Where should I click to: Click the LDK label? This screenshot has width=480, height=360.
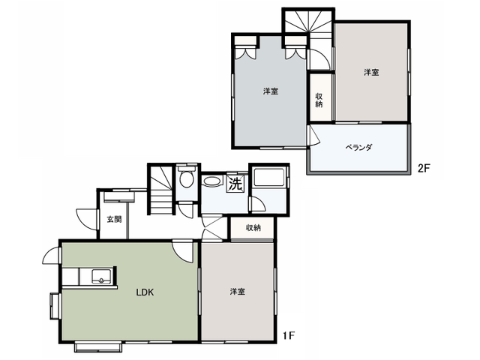tap(145, 292)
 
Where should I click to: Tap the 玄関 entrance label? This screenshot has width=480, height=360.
tap(114, 219)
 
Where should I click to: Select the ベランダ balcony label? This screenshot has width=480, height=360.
tap(358, 148)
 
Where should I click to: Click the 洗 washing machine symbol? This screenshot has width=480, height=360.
tap(235, 184)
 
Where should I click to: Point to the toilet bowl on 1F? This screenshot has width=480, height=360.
tap(186, 178)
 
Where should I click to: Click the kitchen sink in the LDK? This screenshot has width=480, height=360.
tap(101, 277)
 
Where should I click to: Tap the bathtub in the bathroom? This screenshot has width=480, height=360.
tap(269, 177)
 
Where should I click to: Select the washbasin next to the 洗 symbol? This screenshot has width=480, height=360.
tap(212, 181)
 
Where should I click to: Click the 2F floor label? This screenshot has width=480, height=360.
tap(424, 168)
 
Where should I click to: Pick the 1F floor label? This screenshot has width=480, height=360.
tap(288, 336)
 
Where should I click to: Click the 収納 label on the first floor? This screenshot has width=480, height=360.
tap(253, 228)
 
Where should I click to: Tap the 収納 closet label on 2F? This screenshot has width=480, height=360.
tap(319, 100)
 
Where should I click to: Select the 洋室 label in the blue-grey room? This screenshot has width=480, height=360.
tap(271, 91)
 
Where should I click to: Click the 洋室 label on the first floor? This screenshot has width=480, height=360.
tap(238, 292)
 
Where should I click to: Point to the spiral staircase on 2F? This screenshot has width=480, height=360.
tap(308, 22)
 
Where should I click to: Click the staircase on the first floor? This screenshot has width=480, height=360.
tap(160, 190)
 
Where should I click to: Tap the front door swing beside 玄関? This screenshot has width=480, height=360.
tap(86, 219)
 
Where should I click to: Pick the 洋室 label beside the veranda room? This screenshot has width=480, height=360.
tap(371, 73)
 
